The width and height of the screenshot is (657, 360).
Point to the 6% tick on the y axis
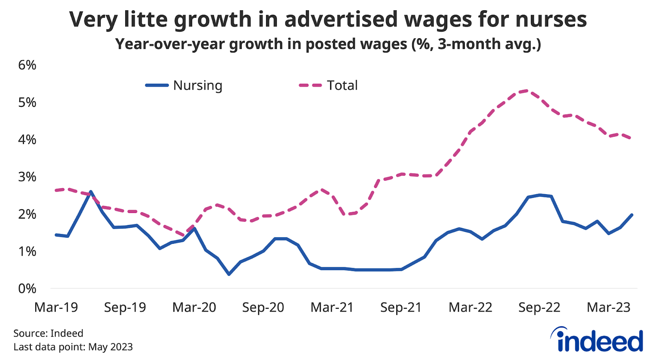click(x=27, y=65)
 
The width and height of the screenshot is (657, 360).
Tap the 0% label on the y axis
click(x=27, y=289)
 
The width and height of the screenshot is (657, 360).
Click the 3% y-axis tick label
click(x=27, y=177)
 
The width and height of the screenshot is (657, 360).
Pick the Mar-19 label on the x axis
click(x=56, y=307)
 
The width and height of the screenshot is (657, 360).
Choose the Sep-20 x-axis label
click(x=263, y=307)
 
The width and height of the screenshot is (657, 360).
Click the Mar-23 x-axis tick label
click(x=608, y=307)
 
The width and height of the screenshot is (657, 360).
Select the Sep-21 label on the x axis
click(x=401, y=307)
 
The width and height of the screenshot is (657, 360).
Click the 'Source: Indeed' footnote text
click(x=48, y=333)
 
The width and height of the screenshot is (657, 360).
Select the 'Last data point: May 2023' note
click(x=73, y=347)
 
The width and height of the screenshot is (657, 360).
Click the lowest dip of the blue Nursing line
click(x=229, y=274)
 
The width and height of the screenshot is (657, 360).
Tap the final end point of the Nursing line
click(x=632, y=215)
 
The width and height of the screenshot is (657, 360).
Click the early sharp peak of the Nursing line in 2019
click(x=90, y=191)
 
